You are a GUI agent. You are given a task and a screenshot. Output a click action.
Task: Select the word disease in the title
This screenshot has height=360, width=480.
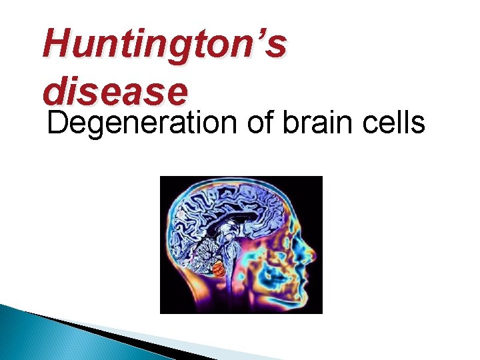point(113,91)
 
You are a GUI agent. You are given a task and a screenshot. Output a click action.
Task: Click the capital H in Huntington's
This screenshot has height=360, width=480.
point(55,45)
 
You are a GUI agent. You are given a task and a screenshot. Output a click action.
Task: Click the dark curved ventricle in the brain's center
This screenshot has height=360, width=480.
point(220,227)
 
